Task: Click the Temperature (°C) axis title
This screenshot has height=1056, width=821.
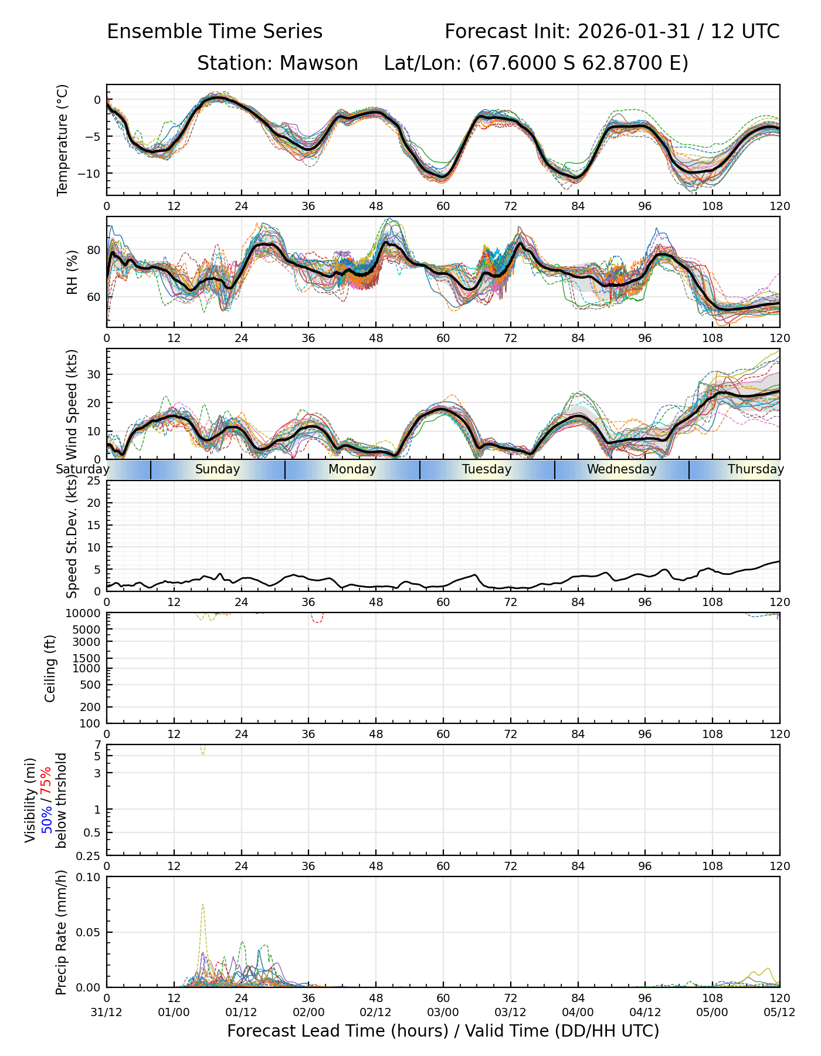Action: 63,140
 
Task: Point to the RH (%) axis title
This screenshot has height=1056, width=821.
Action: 72,272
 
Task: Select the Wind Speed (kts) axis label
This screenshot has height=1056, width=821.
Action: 72,404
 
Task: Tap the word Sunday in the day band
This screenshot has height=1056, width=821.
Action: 218,469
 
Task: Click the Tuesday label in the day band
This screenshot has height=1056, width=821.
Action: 487,469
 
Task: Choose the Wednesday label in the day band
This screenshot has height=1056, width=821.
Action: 622,469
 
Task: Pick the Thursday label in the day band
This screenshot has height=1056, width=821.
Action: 756,469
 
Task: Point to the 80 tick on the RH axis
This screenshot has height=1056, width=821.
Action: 94,251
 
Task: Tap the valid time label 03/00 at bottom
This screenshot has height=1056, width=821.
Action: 443,1012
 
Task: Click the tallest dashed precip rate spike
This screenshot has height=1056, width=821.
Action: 203,905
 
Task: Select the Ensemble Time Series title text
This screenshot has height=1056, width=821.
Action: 215,32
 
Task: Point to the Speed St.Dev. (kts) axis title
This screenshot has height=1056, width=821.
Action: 72,536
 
